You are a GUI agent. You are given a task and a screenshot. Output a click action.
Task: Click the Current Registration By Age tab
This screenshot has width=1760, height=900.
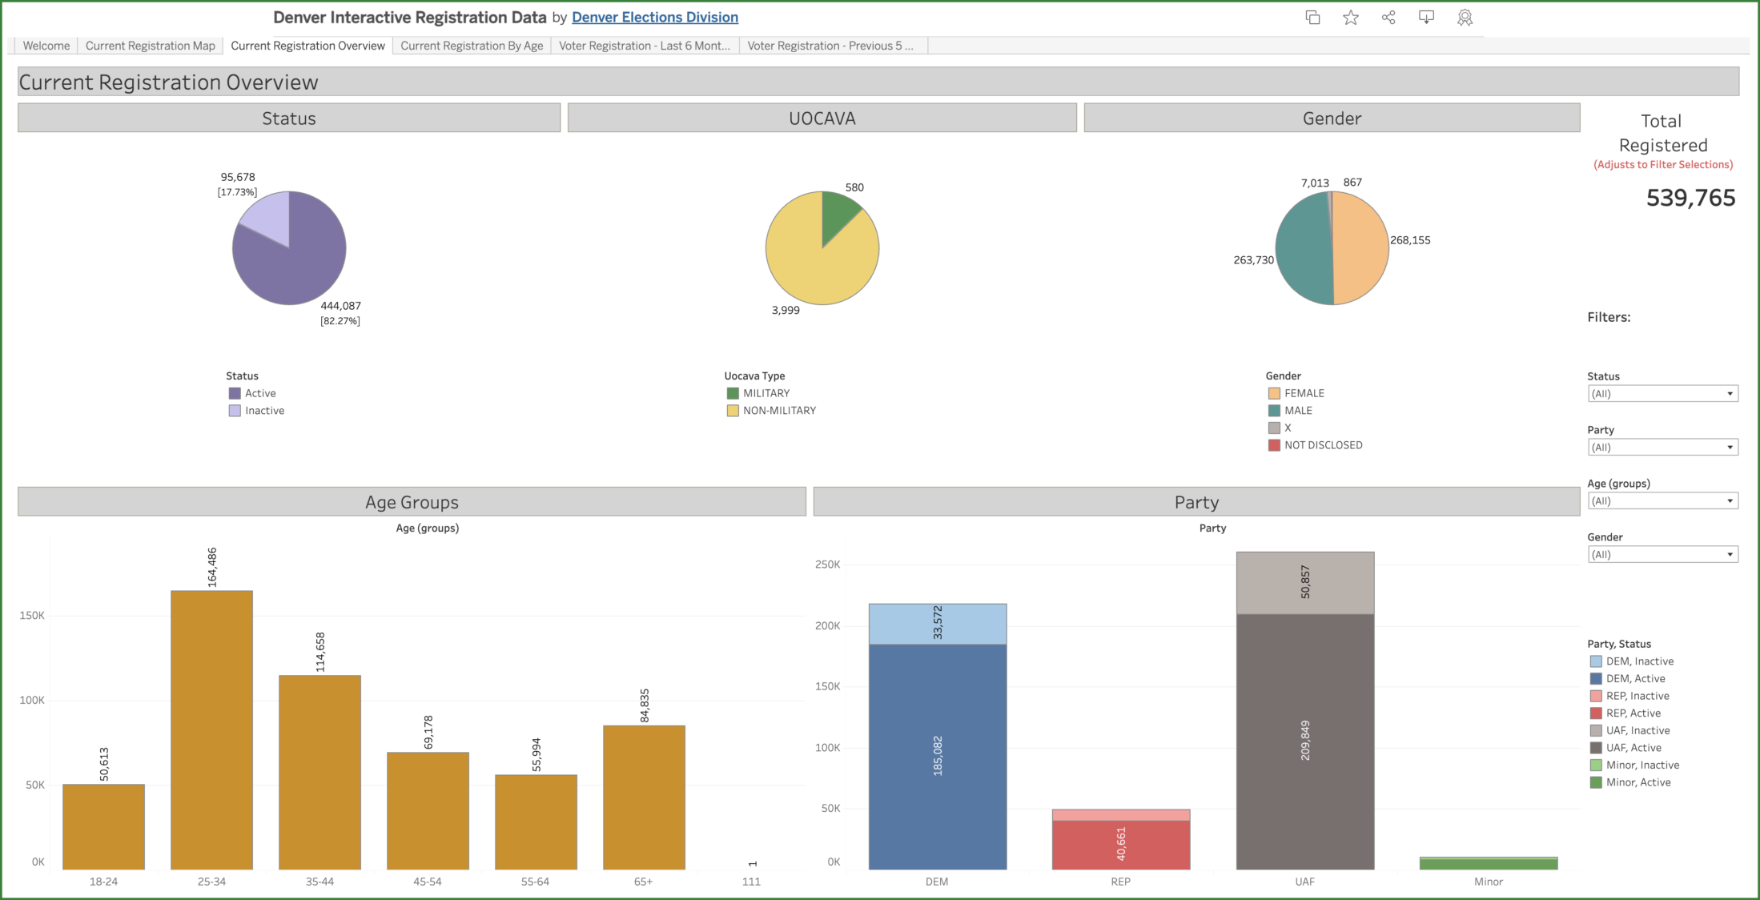coord(472,46)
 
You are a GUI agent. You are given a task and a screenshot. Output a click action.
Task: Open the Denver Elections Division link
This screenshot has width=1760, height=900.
coord(654,17)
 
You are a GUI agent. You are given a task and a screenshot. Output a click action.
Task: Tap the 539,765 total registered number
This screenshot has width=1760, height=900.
coord(1690,198)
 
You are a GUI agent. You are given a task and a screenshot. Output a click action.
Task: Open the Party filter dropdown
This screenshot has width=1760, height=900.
coord(1662,448)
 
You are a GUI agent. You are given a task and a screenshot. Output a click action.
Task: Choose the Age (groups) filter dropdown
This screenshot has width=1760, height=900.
coord(1662,501)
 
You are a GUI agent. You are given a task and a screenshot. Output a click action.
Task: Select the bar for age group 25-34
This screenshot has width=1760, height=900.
coord(211,729)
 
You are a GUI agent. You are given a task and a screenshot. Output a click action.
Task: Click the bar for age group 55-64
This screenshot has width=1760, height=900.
coord(536,822)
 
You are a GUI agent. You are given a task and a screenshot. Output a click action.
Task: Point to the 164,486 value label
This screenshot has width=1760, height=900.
coord(212,567)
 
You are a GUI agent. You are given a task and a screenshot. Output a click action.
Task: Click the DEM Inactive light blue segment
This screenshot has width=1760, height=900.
coord(937,624)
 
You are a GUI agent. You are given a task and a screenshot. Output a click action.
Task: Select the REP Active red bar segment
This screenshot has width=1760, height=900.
coord(1120,845)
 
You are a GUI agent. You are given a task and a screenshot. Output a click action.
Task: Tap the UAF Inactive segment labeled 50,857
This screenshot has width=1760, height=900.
coord(1304,583)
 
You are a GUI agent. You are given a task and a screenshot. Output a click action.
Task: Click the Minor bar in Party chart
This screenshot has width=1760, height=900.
coord(1488,863)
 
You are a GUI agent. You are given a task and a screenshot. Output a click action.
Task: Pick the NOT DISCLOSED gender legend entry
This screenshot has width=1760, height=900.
coord(1322,445)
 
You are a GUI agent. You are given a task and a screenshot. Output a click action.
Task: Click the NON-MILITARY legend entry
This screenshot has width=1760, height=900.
coord(778,411)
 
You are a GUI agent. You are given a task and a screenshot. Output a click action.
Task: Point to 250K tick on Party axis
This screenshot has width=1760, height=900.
coord(827,565)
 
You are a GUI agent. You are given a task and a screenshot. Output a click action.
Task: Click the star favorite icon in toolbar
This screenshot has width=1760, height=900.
coord(1351,18)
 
